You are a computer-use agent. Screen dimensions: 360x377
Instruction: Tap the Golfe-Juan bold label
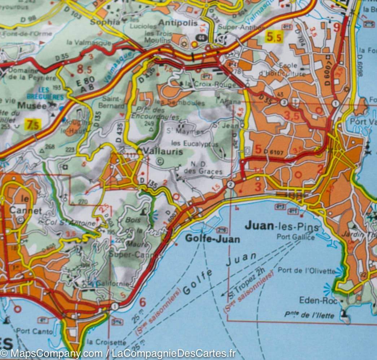212,239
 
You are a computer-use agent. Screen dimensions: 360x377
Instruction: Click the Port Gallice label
295,237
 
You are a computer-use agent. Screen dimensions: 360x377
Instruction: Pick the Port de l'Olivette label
306,271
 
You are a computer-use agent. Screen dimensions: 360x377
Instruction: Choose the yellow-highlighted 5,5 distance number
273,37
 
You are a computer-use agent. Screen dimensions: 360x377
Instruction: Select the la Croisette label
106,342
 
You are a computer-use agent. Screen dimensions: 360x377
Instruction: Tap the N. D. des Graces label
203,168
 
